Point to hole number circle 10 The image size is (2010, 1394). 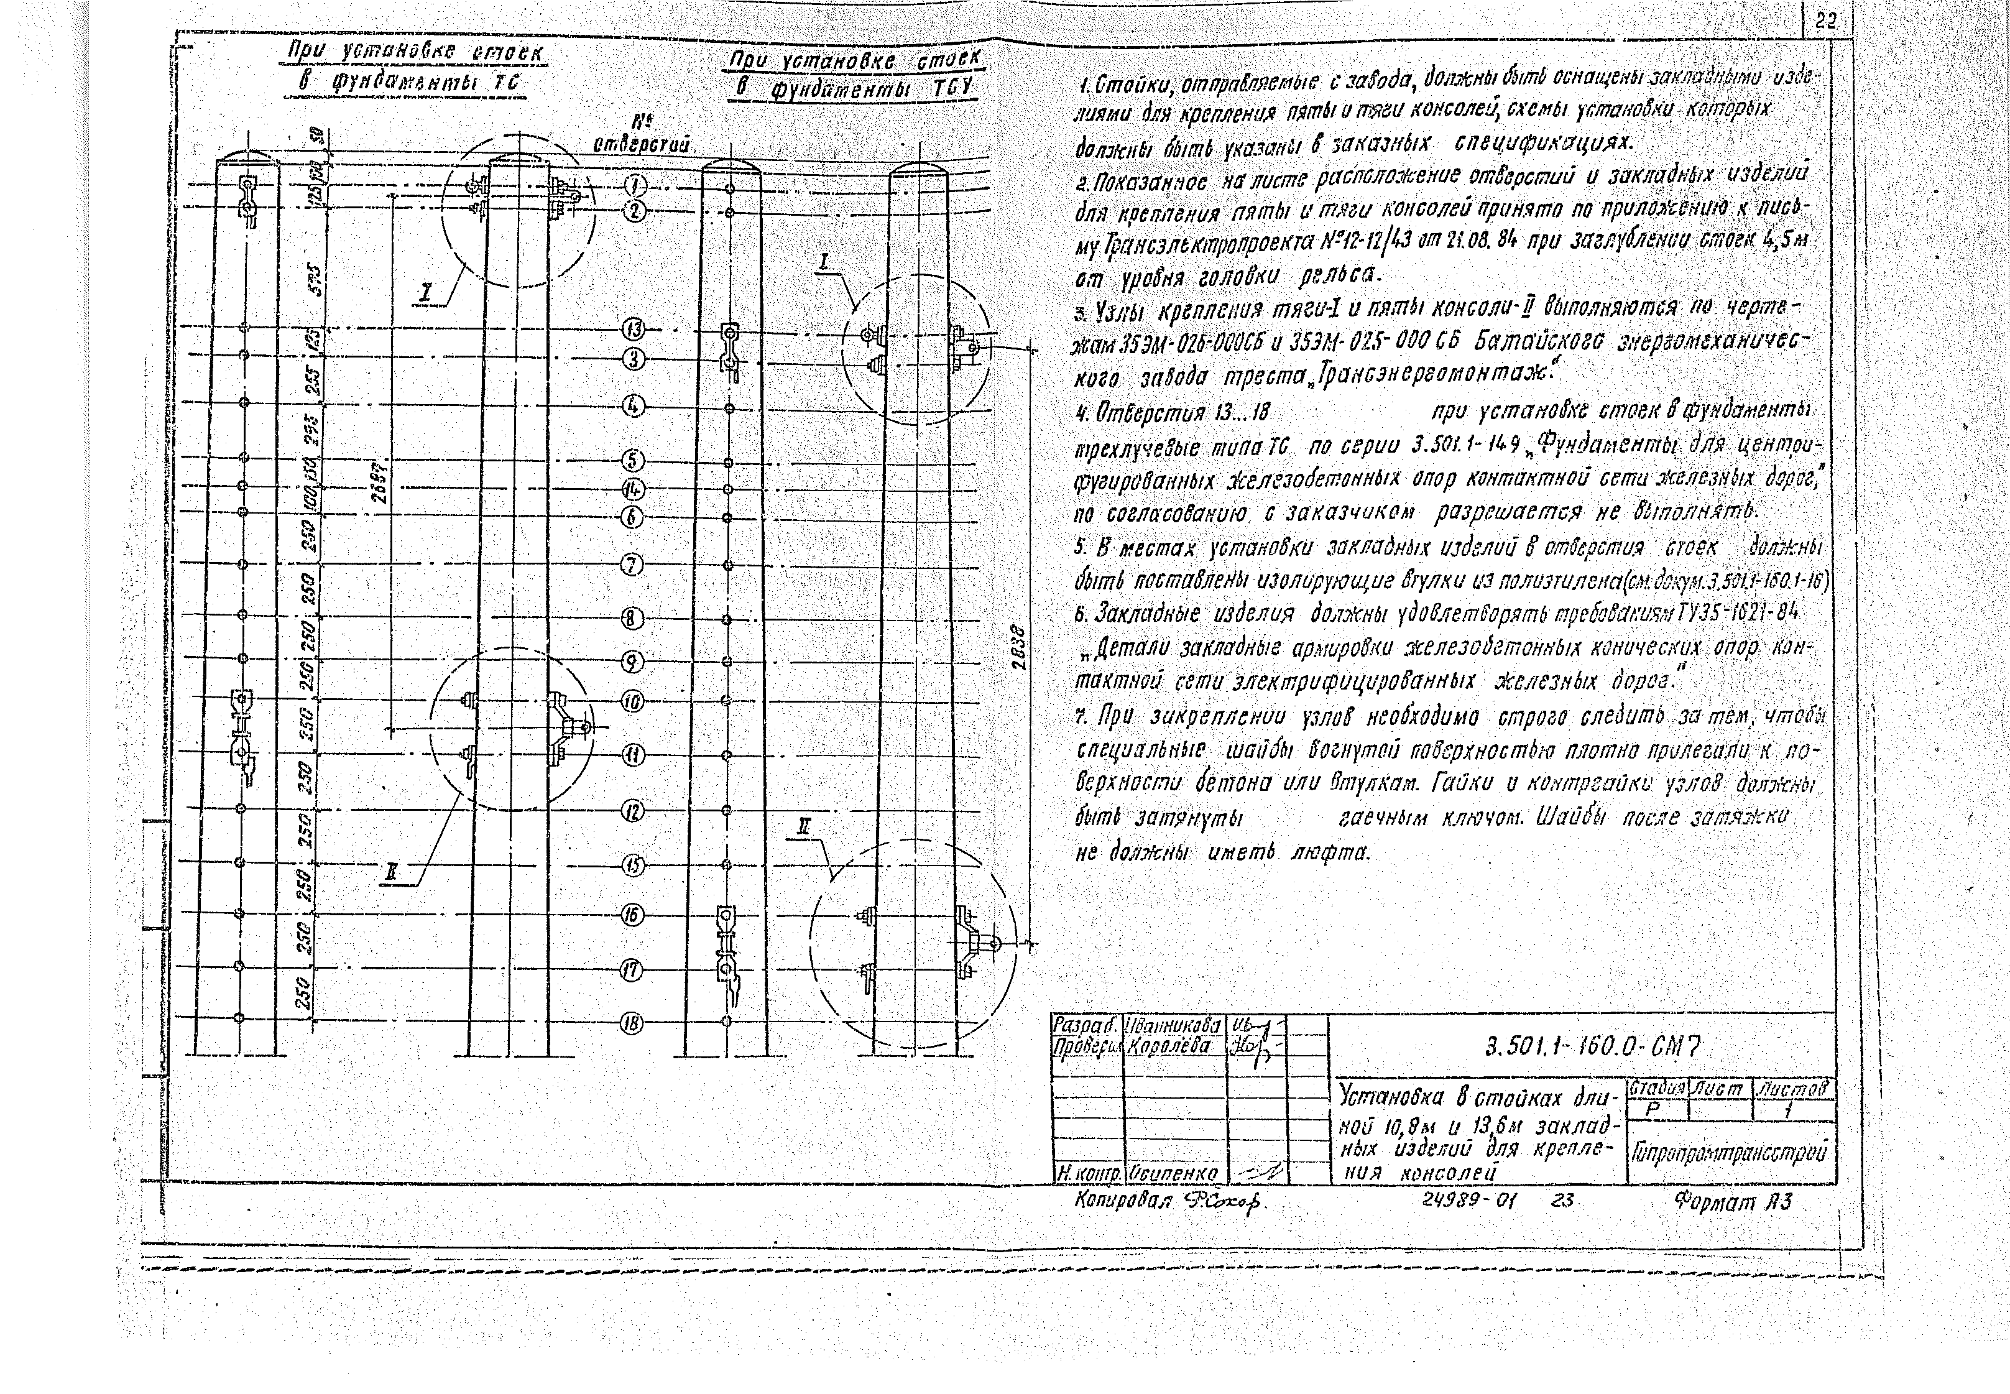click(x=632, y=701)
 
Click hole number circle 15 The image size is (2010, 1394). click(x=632, y=865)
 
